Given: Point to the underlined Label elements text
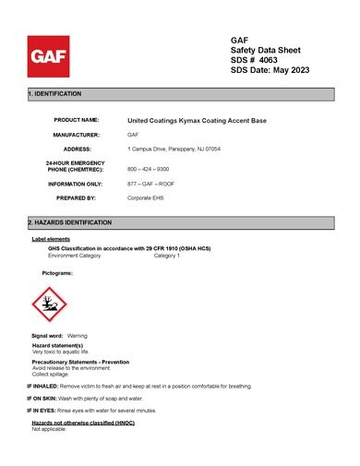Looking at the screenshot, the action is (x=51, y=240).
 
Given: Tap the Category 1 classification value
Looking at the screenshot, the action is (x=167, y=256).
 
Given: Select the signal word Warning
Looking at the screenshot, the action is (x=78, y=336).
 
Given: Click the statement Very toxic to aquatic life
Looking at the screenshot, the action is (x=60, y=352).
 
